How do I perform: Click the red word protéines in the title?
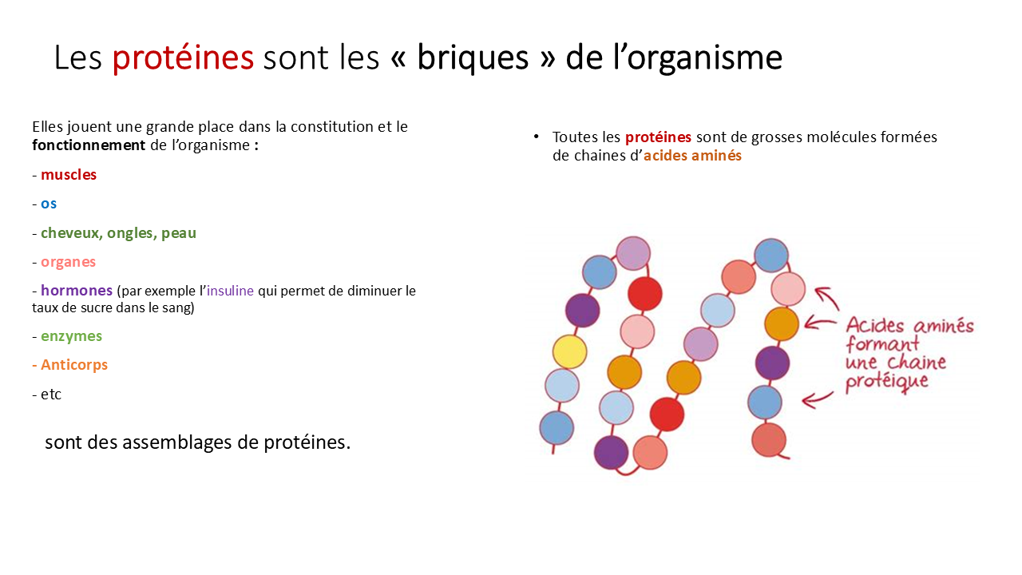point(183,58)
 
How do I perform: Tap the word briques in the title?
point(473,58)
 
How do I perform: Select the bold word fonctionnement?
point(89,145)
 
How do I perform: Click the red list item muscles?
point(69,174)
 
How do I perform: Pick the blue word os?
point(49,204)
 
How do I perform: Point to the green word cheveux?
point(72,232)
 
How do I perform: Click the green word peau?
point(179,234)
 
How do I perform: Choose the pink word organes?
point(68,263)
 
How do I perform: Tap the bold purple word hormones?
point(77,290)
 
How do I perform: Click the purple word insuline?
point(230,291)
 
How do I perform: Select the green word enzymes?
point(71,337)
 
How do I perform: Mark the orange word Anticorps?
point(74,365)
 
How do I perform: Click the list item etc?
point(50,395)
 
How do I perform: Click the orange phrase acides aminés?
point(692,156)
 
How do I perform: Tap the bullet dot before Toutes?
point(536,137)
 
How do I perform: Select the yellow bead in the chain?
point(569,352)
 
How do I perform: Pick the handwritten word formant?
point(882,343)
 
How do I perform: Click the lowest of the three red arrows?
point(818,399)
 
